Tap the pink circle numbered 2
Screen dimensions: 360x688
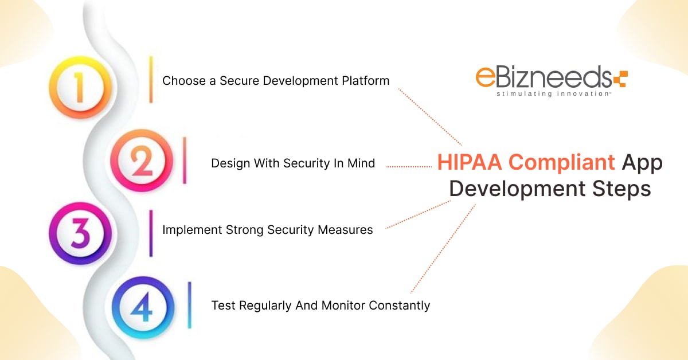point(140,161)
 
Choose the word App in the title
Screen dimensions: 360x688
point(642,163)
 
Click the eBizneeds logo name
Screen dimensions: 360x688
point(542,77)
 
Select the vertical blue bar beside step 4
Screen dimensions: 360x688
point(190,305)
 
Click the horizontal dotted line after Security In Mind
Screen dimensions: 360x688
point(408,166)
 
